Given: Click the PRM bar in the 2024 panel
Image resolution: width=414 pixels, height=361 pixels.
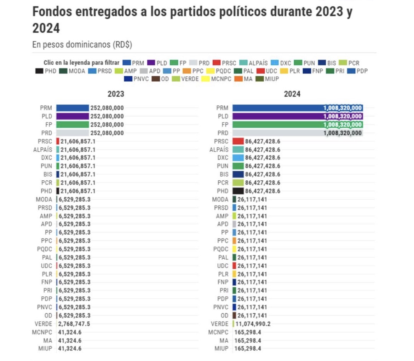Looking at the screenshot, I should tap(276, 108).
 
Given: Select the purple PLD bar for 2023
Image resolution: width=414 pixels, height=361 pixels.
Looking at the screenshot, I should tap(73, 116).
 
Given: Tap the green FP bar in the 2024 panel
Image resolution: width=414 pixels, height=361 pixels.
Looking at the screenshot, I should tap(276, 124).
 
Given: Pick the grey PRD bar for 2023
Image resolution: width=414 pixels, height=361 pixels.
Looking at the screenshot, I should tap(73, 133).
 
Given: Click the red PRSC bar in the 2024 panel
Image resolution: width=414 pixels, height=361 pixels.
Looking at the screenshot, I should tap(238, 141).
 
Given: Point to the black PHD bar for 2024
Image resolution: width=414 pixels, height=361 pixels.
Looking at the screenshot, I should tap(238, 191).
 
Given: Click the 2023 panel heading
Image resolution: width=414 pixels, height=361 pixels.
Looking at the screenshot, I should tap(116, 94).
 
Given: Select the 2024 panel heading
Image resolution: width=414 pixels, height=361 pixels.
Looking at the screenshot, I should tap(292, 94).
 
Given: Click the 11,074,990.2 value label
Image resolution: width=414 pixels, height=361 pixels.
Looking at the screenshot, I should tap(254, 324).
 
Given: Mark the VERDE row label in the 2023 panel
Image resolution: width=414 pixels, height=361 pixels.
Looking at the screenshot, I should tap(44, 324).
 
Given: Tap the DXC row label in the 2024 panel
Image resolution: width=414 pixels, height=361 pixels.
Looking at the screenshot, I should tap(223, 158).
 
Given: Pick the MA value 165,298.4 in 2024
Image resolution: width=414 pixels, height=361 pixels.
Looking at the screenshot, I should tap(248, 340).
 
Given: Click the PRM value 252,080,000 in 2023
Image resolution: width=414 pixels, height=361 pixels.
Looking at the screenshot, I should tap(107, 108).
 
